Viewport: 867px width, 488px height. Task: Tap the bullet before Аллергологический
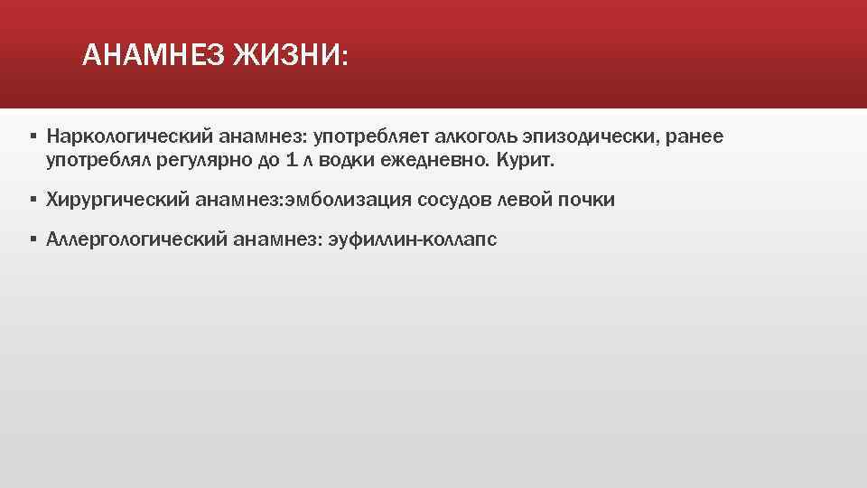click(33, 239)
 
